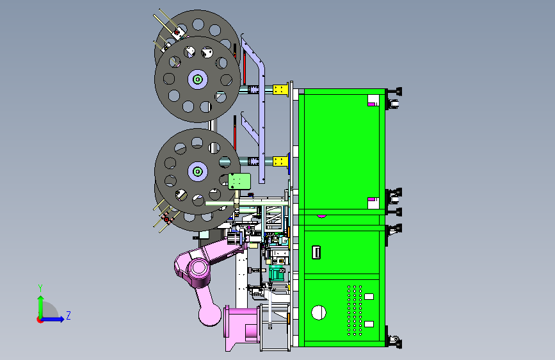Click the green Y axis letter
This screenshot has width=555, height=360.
click(40, 288)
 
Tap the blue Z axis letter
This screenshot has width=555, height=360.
click(68, 315)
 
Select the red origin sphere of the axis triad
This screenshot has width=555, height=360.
click(40, 320)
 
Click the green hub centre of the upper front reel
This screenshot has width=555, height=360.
click(198, 79)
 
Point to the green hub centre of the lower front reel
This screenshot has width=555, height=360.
click(198, 172)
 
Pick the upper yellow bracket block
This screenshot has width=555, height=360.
click(280, 89)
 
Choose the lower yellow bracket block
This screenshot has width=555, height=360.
click(280, 161)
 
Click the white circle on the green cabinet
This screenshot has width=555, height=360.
click(319, 313)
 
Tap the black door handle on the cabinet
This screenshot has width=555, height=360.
click(316, 252)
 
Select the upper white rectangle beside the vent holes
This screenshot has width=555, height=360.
click(369, 297)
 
